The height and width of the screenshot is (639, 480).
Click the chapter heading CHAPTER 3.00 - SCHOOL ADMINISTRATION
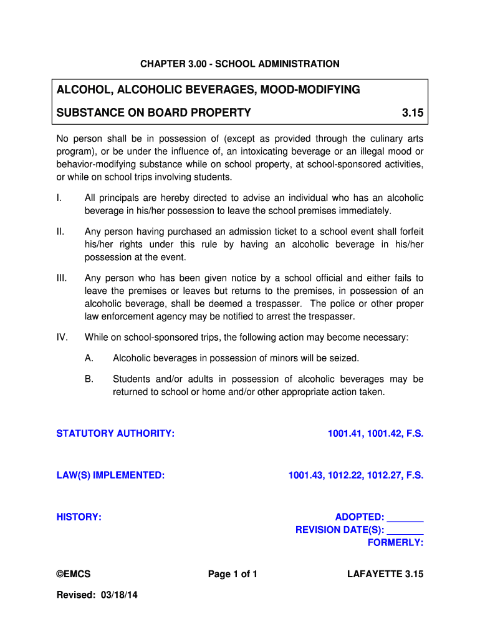pyautogui.click(x=239, y=64)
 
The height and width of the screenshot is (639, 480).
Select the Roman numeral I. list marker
pyautogui.click(x=59, y=198)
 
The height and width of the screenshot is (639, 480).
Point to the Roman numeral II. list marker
pyautogui.click(x=60, y=232)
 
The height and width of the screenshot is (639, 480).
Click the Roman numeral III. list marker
pyautogui.click(x=61, y=278)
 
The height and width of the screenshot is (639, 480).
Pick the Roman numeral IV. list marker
pyautogui.click(x=62, y=338)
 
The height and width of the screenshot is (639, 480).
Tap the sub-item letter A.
pyautogui.click(x=89, y=358)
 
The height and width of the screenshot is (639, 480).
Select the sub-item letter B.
pyautogui.click(x=89, y=379)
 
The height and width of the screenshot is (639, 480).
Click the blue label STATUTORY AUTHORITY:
pyautogui.click(x=115, y=434)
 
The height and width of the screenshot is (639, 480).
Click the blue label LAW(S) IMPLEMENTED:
pyautogui.click(x=110, y=476)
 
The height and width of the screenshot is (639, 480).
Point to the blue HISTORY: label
pyautogui.click(x=79, y=517)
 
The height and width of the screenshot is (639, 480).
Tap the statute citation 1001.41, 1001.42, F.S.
pyautogui.click(x=376, y=434)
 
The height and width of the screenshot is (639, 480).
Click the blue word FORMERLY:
pyautogui.click(x=395, y=543)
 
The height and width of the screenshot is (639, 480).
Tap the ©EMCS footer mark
pyautogui.click(x=74, y=575)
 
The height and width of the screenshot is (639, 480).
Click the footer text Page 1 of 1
pyautogui.click(x=233, y=575)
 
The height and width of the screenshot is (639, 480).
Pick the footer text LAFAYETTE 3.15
pyautogui.click(x=385, y=575)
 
